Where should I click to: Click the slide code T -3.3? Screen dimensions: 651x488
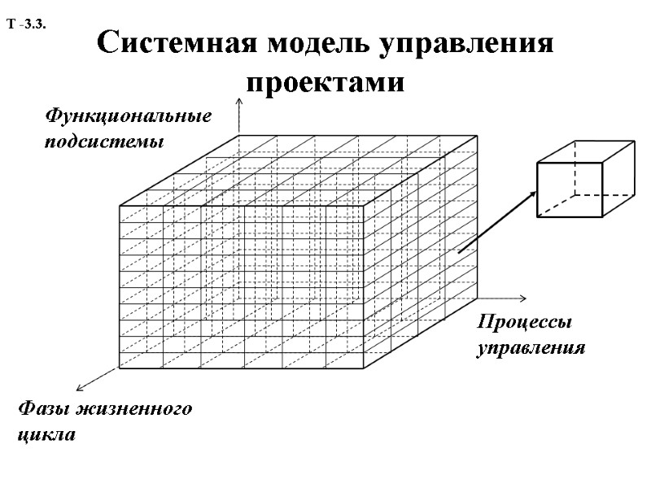30,25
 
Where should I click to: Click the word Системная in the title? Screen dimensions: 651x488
164,43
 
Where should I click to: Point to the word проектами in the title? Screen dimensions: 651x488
325,81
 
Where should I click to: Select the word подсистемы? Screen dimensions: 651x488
103,142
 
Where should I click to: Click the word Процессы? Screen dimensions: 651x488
524,322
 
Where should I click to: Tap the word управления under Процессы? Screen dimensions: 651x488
531,347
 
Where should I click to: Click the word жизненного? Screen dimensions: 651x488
137,408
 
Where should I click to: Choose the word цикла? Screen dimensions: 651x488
46,434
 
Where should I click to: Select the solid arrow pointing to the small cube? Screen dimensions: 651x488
496,222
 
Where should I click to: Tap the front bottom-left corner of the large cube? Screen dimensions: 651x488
120,368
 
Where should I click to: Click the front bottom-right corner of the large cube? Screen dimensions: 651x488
364,368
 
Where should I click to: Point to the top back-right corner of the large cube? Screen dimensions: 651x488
477,135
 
